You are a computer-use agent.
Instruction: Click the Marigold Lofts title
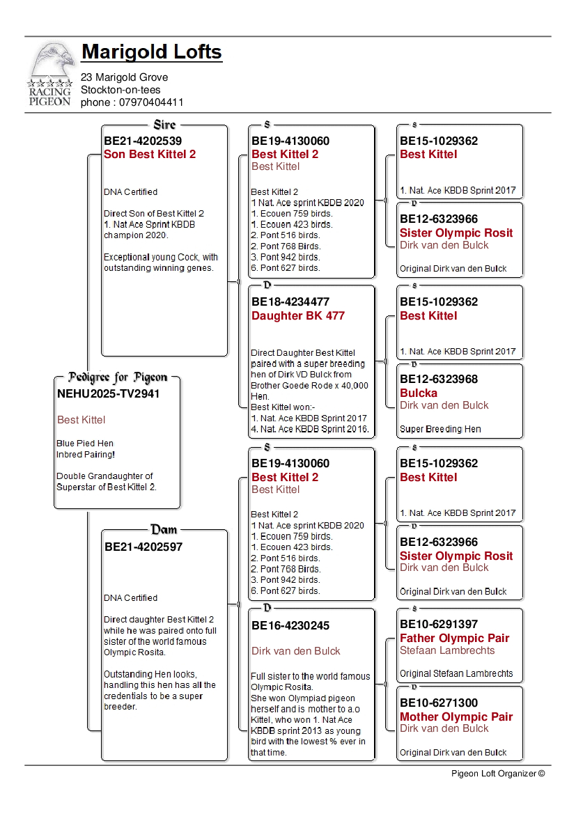(x=152, y=52)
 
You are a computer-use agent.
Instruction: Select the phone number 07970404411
(x=151, y=102)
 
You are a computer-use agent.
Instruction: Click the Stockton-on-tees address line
(x=120, y=90)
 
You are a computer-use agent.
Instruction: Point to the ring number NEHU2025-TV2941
(x=108, y=393)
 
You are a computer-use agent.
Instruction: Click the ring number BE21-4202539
(x=143, y=141)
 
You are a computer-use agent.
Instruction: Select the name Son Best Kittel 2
(x=150, y=155)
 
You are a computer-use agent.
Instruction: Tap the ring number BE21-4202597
(x=143, y=547)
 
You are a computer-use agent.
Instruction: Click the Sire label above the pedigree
(x=164, y=125)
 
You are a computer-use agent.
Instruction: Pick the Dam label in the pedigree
(x=164, y=530)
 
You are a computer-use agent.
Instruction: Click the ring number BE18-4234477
(x=290, y=302)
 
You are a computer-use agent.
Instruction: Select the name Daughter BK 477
(x=298, y=315)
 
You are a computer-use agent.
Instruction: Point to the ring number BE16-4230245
(x=290, y=625)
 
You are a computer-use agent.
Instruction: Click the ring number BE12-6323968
(x=439, y=379)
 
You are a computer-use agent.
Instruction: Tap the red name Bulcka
(x=419, y=393)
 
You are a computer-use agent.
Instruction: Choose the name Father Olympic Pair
(x=454, y=638)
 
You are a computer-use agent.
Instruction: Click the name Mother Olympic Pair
(x=456, y=717)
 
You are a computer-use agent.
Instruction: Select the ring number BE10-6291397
(x=439, y=624)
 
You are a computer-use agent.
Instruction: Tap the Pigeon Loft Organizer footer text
(x=498, y=773)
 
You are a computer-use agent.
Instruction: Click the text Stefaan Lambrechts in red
(x=447, y=650)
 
